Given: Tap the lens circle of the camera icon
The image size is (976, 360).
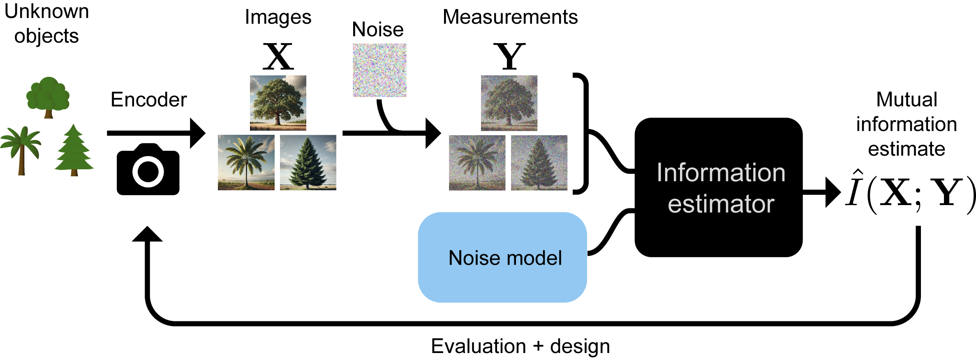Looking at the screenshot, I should pyautogui.click(x=148, y=172).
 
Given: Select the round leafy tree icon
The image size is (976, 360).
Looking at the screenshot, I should pyautogui.click(x=48, y=97).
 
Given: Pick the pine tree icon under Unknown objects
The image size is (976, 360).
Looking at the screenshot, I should pyautogui.click(x=74, y=150).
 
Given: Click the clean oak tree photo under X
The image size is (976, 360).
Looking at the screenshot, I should pyautogui.click(x=278, y=103).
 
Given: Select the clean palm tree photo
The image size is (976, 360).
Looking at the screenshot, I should pyautogui.click(x=246, y=162).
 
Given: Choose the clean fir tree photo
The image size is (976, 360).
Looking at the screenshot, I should pyautogui.click(x=308, y=162).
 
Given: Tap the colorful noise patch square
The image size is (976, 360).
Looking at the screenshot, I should pyautogui.click(x=379, y=70).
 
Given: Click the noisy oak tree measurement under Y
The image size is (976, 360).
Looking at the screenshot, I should pyautogui.click(x=509, y=103).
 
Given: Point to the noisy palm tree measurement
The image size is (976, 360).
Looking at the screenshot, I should pyautogui.click(x=477, y=162).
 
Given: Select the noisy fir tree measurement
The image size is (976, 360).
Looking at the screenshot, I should pyautogui.click(x=539, y=162).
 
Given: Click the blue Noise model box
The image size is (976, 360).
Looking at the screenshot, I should pyautogui.click(x=502, y=258).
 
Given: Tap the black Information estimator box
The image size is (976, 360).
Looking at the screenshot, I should pyautogui.click(x=719, y=187).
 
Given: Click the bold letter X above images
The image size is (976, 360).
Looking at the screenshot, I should pyautogui.click(x=278, y=56).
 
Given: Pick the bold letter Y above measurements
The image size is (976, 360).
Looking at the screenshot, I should pyautogui.click(x=510, y=56).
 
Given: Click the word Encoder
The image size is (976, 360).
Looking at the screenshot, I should pyautogui.click(x=148, y=99).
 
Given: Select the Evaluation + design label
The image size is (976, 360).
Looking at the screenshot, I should pyautogui.click(x=520, y=346).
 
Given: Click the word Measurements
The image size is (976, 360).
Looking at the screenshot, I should pyautogui.click(x=510, y=17).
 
